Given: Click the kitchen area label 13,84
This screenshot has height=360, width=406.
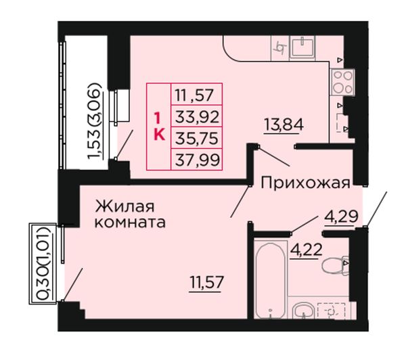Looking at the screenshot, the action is (284, 125).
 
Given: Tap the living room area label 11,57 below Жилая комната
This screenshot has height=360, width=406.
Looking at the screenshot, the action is (206, 282).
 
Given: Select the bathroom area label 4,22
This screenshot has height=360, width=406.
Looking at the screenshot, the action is (307, 250).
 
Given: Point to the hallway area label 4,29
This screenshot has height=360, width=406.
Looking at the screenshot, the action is (341, 217).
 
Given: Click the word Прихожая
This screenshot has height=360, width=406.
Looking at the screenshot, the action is (305, 183).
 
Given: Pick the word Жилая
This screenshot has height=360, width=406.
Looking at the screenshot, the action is (125, 206).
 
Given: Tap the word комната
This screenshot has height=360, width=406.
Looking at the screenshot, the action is (130, 223).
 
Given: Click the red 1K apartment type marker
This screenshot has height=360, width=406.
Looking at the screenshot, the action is (159, 127).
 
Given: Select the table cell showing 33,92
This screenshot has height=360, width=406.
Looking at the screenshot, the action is (197, 116).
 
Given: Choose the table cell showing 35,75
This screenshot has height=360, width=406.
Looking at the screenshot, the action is (197, 138).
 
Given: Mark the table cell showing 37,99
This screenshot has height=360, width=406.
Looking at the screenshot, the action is (197, 160).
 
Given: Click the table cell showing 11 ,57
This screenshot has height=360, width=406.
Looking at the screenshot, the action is (197, 95).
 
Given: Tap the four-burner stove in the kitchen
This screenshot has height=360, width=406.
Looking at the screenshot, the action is (342, 83).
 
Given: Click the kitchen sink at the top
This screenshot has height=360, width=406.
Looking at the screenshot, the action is (302, 47).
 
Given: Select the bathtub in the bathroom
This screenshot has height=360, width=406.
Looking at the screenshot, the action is (271, 279).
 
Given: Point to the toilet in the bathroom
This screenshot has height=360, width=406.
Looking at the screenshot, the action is (336, 265).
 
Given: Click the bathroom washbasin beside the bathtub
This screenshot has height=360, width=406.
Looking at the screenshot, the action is (303, 310).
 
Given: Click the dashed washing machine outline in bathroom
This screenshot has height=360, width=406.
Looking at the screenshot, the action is (331, 311).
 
